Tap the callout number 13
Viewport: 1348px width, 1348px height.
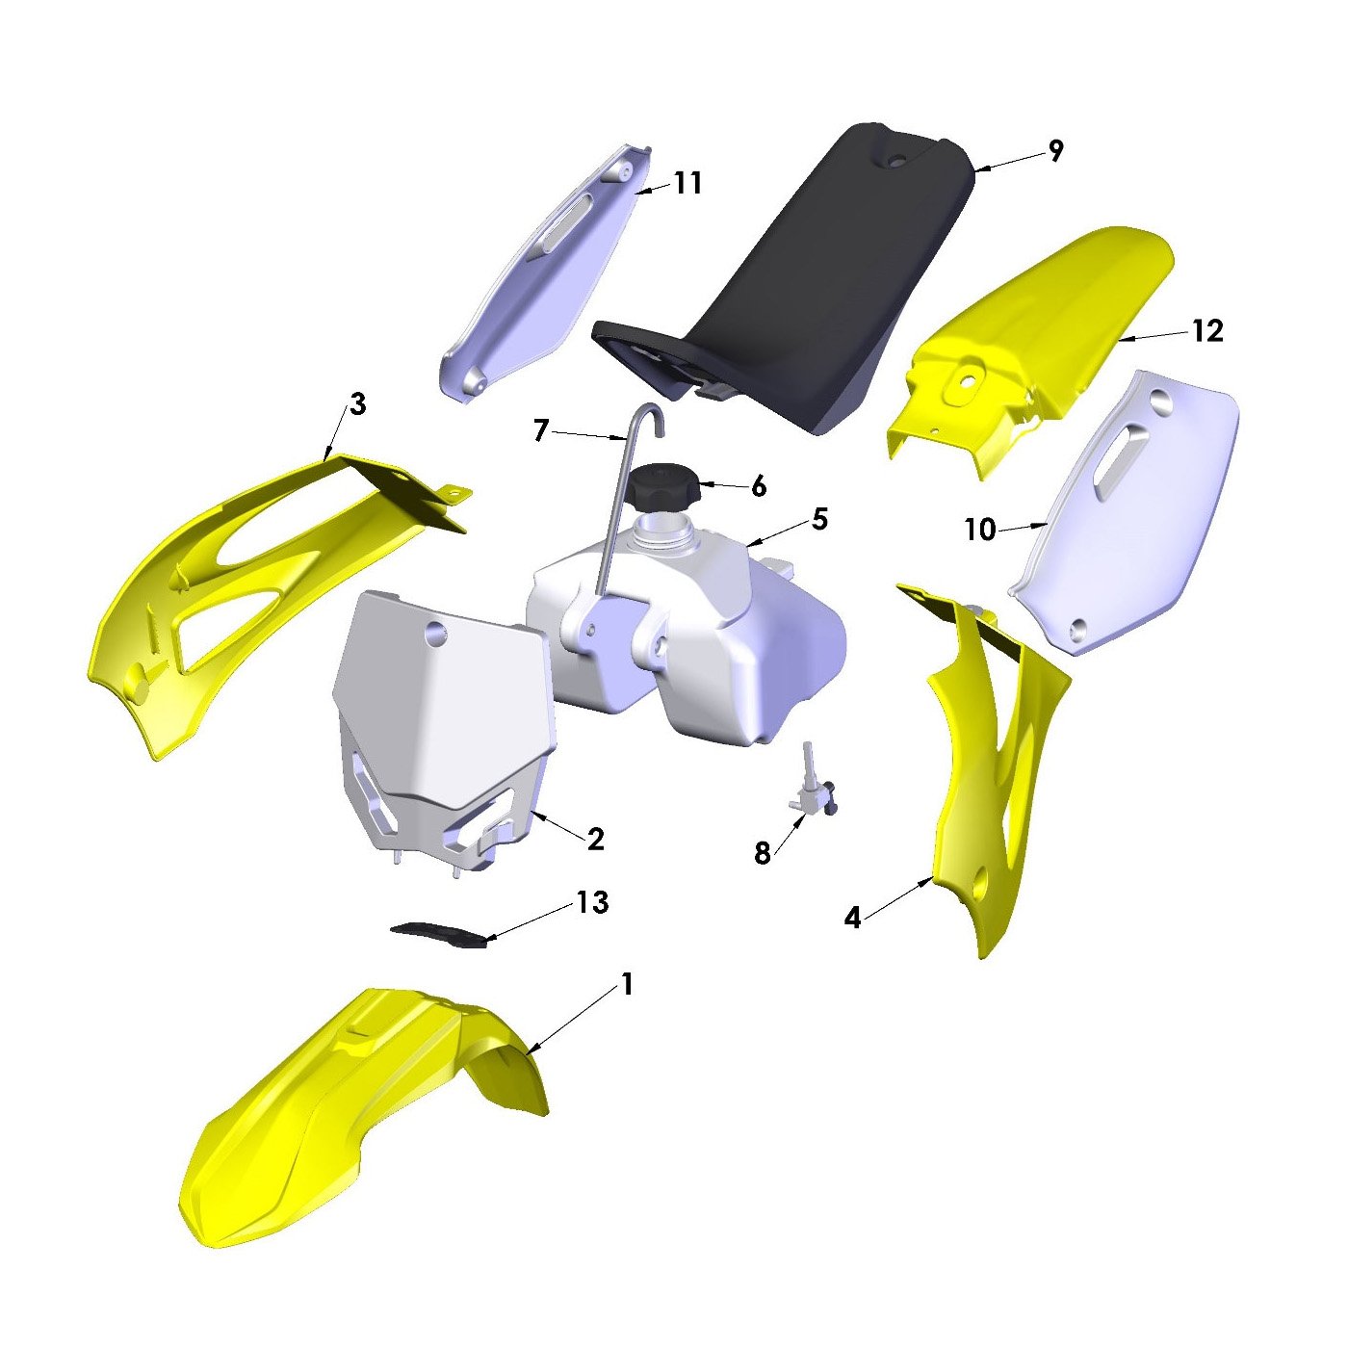coord(592,903)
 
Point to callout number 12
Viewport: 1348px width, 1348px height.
coord(1207,331)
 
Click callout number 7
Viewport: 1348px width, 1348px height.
coord(540,430)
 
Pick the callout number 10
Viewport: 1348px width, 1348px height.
coord(981,530)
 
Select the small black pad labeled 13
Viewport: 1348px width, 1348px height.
coord(439,935)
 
